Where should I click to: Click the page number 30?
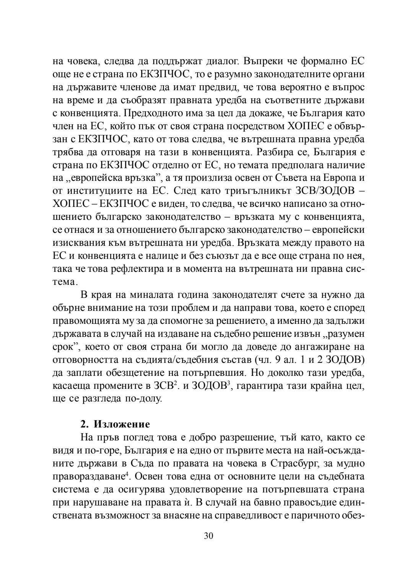tap(208, 536)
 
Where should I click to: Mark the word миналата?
tap(152, 295)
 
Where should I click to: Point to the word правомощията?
tap(88, 321)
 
